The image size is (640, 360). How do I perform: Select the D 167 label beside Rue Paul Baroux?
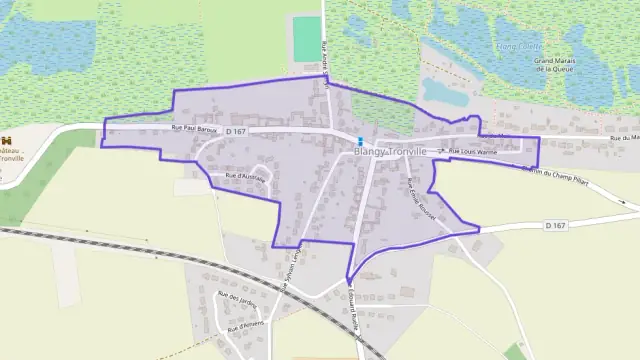[235, 131]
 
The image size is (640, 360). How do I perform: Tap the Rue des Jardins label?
[237, 295]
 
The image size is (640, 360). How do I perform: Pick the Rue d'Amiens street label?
[245, 325]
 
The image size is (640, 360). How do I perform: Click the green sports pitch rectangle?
[305, 38]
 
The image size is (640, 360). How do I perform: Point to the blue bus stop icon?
[360, 138]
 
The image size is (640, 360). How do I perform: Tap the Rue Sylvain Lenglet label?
[292, 268]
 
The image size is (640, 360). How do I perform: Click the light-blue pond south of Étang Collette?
[445, 91]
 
